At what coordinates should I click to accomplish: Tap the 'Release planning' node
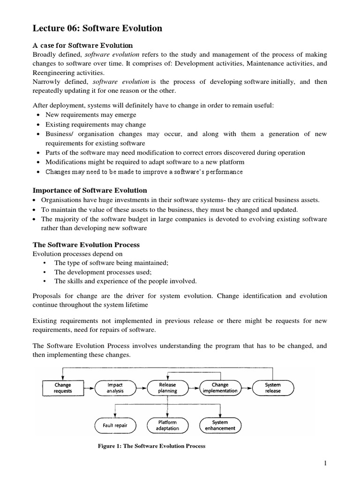(x=167, y=388)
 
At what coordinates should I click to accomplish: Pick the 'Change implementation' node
(x=220, y=388)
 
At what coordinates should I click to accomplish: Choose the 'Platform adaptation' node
(x=167, y=425)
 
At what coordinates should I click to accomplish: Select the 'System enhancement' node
(x=220, y=425)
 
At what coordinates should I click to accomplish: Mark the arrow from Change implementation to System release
(x=247, y=388)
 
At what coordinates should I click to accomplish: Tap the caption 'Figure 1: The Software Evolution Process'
(x=151, y=446)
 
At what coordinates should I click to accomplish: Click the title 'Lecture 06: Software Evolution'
(x=97, y=29)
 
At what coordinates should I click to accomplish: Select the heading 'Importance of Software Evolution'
(x=90, y=190)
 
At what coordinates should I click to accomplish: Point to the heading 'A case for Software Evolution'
(x=83, y=45)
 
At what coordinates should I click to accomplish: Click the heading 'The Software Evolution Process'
(x=86, y=245)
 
